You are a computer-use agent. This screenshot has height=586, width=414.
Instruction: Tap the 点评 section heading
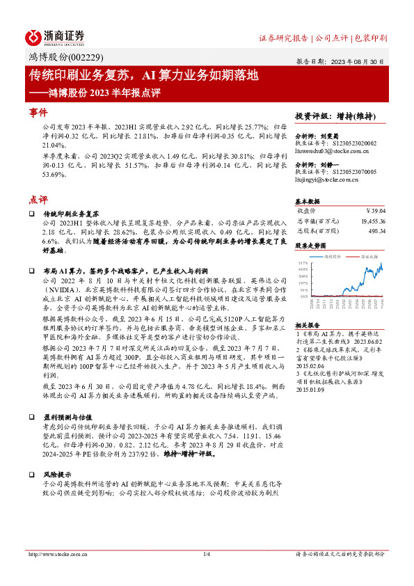[x=38, y=198]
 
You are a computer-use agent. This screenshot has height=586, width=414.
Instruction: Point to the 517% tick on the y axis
[x=303, y=262]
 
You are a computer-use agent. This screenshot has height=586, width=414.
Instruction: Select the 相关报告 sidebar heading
[x=307, y=324]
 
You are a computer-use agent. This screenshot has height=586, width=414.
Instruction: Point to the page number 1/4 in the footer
[x=207, y=554]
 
